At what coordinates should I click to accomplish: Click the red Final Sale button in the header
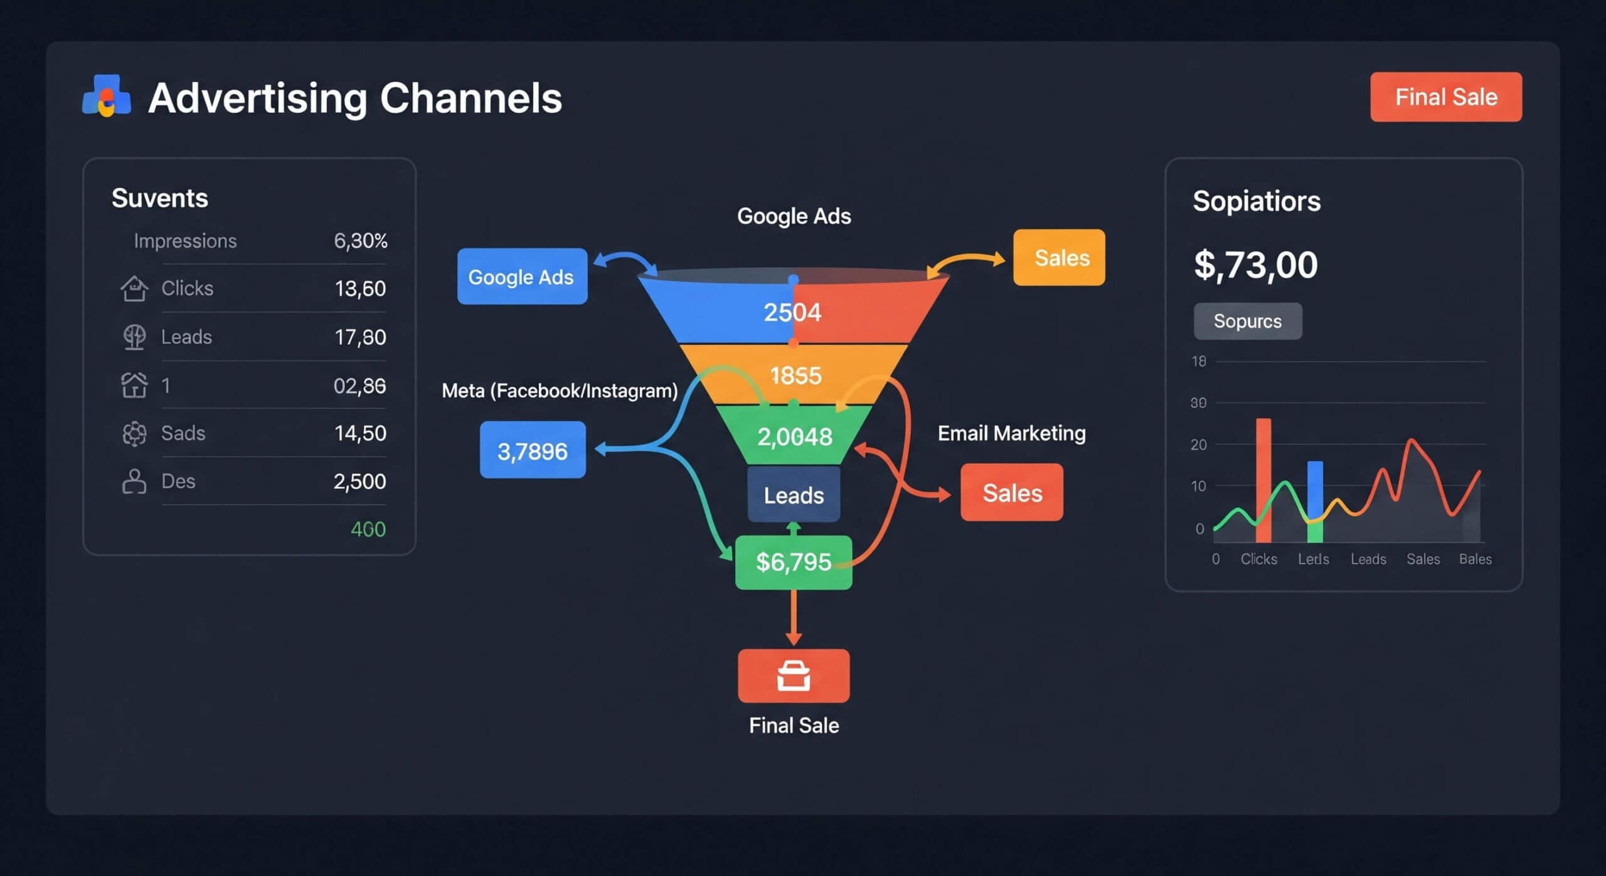pos(1445,97)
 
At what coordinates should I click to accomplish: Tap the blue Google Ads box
pos(522,277)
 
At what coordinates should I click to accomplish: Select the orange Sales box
pos(1059,258)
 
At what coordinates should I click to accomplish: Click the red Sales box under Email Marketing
pos(1011,493)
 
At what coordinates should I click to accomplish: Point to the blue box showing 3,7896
pos(533,451)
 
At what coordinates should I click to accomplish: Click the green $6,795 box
pos(793,562)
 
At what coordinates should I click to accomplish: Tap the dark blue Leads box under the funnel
pos(794,495)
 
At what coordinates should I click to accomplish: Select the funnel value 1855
pos(795,376)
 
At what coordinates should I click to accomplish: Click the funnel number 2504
pos(792,312)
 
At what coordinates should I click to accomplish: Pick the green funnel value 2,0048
pos(794,437)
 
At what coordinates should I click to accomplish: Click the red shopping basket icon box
pos(794,676)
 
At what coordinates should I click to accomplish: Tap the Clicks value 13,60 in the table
pos(360,289)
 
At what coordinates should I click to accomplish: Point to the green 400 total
pos(368,530)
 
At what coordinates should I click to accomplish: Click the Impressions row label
pos(185,241)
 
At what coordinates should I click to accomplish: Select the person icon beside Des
pos(134,481)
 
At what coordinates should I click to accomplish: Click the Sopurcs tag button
pos(1247,321)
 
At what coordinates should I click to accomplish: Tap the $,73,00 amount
pos(1255,265)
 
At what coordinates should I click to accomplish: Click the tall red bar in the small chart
pos(1263,480)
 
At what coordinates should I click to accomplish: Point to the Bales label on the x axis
pos(1475,559)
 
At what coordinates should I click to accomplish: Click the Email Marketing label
pos(1011,433)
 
